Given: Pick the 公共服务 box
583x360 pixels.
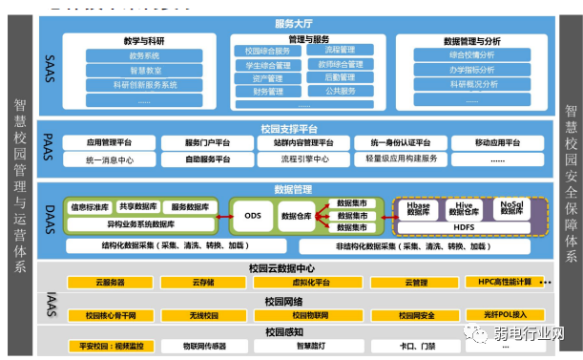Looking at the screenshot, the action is pyautogui.click(x=342, y=92).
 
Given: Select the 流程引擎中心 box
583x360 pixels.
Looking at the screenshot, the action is pyautogui.click(x=304, y=159).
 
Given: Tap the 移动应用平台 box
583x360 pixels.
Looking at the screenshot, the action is pyautogui.click(x=497, y=143).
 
